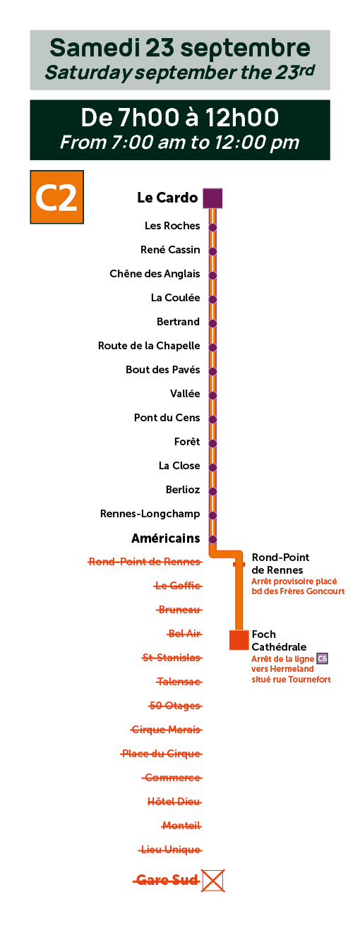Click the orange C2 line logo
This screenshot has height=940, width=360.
56,197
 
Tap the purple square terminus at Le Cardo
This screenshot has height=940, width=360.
212,198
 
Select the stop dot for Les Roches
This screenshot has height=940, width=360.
212,227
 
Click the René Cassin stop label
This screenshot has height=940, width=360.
170,250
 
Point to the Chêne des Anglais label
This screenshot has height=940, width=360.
155,274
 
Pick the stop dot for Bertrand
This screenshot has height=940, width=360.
212,323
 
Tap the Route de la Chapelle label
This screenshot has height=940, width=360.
149,346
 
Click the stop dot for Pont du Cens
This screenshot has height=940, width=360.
212,419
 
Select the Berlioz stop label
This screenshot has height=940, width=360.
183,490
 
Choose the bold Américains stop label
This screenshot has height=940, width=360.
166,538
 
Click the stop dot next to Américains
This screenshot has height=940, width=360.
212,539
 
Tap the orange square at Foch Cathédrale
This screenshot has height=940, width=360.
239,640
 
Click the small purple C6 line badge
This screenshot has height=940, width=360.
323,658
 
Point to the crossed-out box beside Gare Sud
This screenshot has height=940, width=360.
212,881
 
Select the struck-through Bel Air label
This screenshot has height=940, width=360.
185,634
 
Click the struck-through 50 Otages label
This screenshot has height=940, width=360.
175,706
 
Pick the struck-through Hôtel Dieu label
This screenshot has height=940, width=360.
174,802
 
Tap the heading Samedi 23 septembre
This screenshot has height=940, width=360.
180,48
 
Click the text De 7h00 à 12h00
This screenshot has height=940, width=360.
180,117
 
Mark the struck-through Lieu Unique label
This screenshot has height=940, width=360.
170,850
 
